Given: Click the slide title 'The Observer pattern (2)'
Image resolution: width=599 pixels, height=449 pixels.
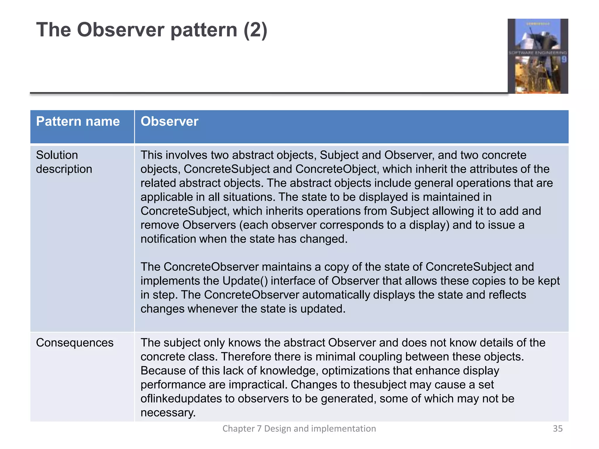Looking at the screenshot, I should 152,30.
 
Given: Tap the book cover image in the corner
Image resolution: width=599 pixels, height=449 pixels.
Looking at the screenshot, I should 538,56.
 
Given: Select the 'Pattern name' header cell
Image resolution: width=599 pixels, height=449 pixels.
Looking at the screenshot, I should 78,122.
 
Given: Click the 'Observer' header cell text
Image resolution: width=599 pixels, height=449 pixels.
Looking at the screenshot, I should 169,122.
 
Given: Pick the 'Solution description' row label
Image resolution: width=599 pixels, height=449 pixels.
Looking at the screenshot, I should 64,162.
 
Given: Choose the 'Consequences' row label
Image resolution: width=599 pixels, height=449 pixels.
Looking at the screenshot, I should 75,343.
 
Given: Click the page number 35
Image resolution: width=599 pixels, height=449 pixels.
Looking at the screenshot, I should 557,429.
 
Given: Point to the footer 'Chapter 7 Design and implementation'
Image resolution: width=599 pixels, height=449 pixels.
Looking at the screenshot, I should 299,429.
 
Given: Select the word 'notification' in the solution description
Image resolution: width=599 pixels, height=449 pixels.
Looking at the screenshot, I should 168,239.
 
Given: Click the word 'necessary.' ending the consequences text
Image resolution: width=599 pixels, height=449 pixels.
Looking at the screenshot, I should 168,413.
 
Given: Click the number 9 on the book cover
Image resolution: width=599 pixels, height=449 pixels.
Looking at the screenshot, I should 564,60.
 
